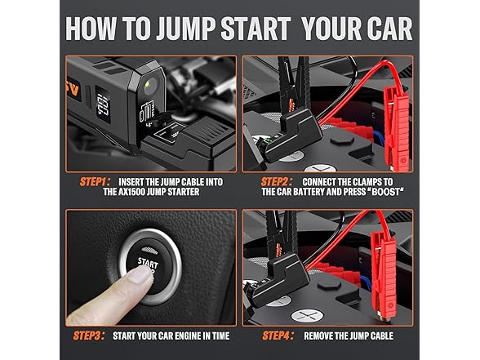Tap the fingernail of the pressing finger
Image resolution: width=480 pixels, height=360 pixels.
tap(144, 277)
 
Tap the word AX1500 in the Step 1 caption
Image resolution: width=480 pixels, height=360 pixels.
tap(125, 193)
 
